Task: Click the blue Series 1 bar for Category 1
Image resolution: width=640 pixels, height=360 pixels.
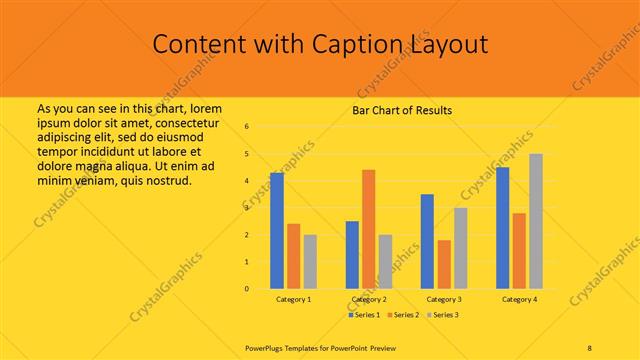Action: [x=277, y=231]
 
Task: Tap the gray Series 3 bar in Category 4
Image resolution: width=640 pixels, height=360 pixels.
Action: [x=536, y=221]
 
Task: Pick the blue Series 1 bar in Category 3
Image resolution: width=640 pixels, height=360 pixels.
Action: [x=427, y=241]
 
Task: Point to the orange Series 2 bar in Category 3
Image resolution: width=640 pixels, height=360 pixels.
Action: [x=444, y=264]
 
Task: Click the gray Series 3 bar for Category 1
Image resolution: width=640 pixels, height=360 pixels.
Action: [x=310, y=262]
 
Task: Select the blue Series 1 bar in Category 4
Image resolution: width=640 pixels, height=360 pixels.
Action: [x=502, y=228]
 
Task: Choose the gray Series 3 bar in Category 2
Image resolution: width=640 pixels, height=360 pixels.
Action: [x=386, y=262]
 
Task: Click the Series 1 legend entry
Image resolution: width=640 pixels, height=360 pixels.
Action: [x=364, y=315]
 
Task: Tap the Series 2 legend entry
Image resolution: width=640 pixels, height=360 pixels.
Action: [x=403, y=315]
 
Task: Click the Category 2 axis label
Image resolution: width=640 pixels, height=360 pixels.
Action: [x=369, y=299]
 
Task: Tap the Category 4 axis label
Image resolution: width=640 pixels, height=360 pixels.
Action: [x=519, y=299]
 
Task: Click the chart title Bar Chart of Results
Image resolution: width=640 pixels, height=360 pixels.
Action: [x=402, y=110]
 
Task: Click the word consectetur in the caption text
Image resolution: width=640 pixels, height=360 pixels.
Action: [x=189, y=120]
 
